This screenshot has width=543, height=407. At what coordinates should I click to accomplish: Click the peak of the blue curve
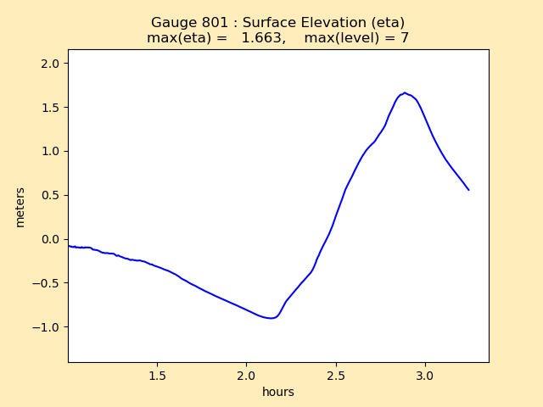404,92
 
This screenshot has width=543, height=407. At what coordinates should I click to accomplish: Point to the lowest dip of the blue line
271,318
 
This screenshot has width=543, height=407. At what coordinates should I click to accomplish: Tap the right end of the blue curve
468,190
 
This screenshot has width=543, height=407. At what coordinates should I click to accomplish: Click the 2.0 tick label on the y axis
52,64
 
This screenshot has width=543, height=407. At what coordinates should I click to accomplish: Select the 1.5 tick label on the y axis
52,108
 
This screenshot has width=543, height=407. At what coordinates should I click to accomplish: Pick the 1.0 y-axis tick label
52,151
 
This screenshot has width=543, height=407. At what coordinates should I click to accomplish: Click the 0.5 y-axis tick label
52,195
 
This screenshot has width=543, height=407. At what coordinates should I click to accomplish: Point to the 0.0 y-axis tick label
52,239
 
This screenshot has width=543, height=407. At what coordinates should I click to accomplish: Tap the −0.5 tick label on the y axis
48,283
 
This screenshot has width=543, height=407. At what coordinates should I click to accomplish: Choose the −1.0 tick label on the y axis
48,327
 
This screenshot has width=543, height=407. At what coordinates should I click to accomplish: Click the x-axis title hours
278,392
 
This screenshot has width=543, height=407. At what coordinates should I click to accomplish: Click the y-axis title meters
20,207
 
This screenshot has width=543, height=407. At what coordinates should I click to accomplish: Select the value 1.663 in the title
261,38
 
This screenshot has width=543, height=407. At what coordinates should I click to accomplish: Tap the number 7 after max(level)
405,38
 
